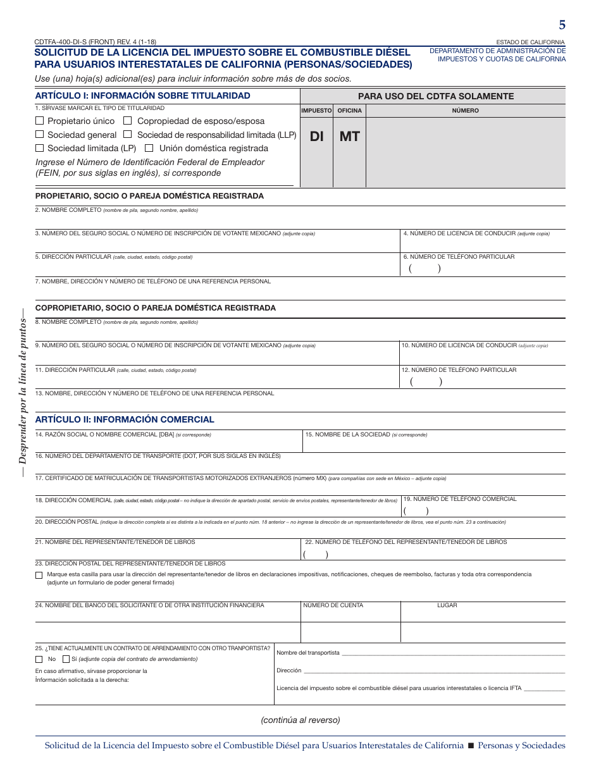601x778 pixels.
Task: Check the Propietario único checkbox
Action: (39, 120)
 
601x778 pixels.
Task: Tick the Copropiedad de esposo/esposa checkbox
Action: (128, 120)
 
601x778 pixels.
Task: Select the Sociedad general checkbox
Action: (39, 134)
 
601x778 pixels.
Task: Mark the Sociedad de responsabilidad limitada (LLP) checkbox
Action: (128, 134)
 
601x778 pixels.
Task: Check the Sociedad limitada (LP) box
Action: (39, 148)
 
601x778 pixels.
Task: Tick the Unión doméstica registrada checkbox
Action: (149, 148)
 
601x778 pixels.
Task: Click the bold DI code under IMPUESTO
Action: (316, 136)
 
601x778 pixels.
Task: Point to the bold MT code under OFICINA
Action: (349, 136)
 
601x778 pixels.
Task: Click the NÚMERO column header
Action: (465, 111)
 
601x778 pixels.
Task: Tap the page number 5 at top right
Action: (562, 25)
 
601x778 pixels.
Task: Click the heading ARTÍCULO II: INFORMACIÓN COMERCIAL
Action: (125, 419)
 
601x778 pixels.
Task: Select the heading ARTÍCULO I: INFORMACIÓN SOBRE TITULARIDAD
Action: (142, 96)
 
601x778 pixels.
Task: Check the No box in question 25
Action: (39, 659)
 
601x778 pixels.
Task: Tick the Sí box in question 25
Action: (66, 659)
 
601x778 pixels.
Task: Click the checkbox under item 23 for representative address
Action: (39, 575)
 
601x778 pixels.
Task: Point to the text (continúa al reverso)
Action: (300, 720)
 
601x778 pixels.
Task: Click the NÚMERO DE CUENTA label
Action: (333, 605)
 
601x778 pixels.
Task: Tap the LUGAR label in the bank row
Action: (447, 605)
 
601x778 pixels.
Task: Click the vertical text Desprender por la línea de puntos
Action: (23, 392)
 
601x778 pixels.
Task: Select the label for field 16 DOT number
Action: (158, 455)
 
